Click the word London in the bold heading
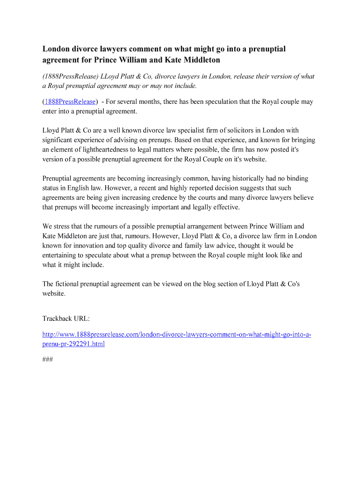55,49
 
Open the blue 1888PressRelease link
71,102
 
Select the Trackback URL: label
66,319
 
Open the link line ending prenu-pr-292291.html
73,344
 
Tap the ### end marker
47,360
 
